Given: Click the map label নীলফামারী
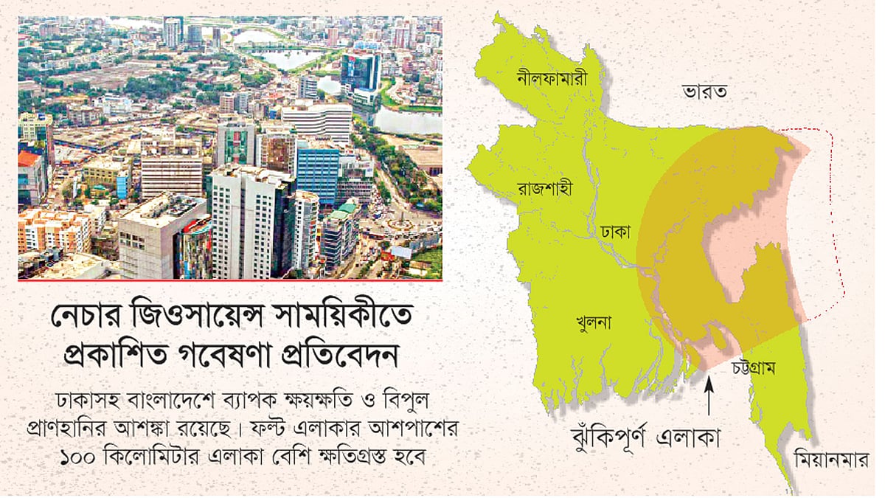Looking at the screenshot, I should pos(552,77).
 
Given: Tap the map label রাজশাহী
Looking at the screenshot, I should pos(530,187).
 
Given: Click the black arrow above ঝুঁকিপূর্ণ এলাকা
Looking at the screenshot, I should pos(709,395).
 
